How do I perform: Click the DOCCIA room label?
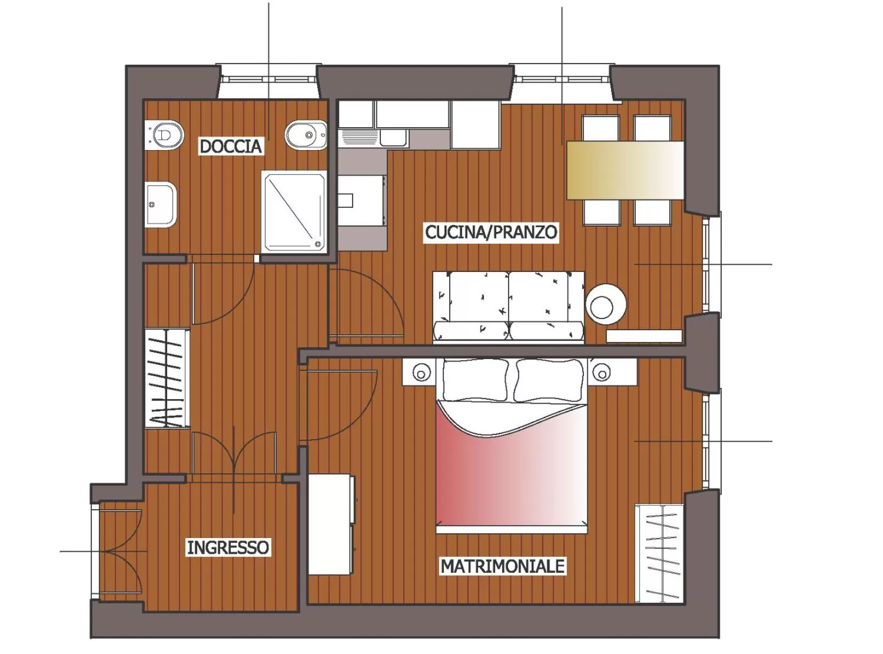(x=230, y=146)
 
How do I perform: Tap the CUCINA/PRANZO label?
(x=490, y=232)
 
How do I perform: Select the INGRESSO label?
(x=228, y=547)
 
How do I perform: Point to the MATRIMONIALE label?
(x=502, y=566)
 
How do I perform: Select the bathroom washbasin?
(x=160, y=204)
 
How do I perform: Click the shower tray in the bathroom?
(x=294, y=212)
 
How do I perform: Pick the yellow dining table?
(x=625, y=170)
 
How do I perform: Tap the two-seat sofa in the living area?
(x=508, y=306)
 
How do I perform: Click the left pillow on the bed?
(x=475, y=379)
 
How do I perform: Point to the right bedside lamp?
(x=601, y=372)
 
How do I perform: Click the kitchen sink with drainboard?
(x=374, y=138)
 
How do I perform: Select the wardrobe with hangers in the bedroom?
(x=660, y=553)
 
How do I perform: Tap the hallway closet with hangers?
(x=167, y=378)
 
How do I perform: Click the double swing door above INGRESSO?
(x=234, y=454)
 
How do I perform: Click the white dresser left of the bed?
(x=331, y=524)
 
